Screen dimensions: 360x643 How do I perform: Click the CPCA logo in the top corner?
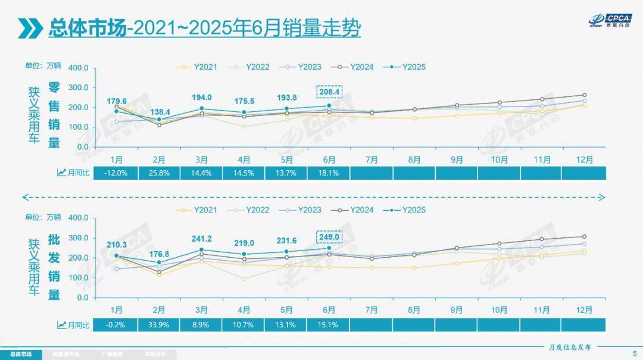tap(608, 20)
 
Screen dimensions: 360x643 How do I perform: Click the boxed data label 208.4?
tap(329, 92)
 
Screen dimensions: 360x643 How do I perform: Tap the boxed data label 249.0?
tap(329, 236)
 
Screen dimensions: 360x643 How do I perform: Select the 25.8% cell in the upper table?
tap(159, 173)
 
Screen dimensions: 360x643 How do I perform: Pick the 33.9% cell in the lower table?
tap(159, 325)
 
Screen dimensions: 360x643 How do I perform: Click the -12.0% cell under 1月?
tap(117, 173)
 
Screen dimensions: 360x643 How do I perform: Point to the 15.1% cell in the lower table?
tap(329, 325)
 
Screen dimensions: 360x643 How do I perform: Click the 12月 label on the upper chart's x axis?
tap(585, 159)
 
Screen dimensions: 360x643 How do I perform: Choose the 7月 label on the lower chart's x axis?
tap(372, 310)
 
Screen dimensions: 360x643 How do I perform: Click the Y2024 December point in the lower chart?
tap(584, 237)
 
